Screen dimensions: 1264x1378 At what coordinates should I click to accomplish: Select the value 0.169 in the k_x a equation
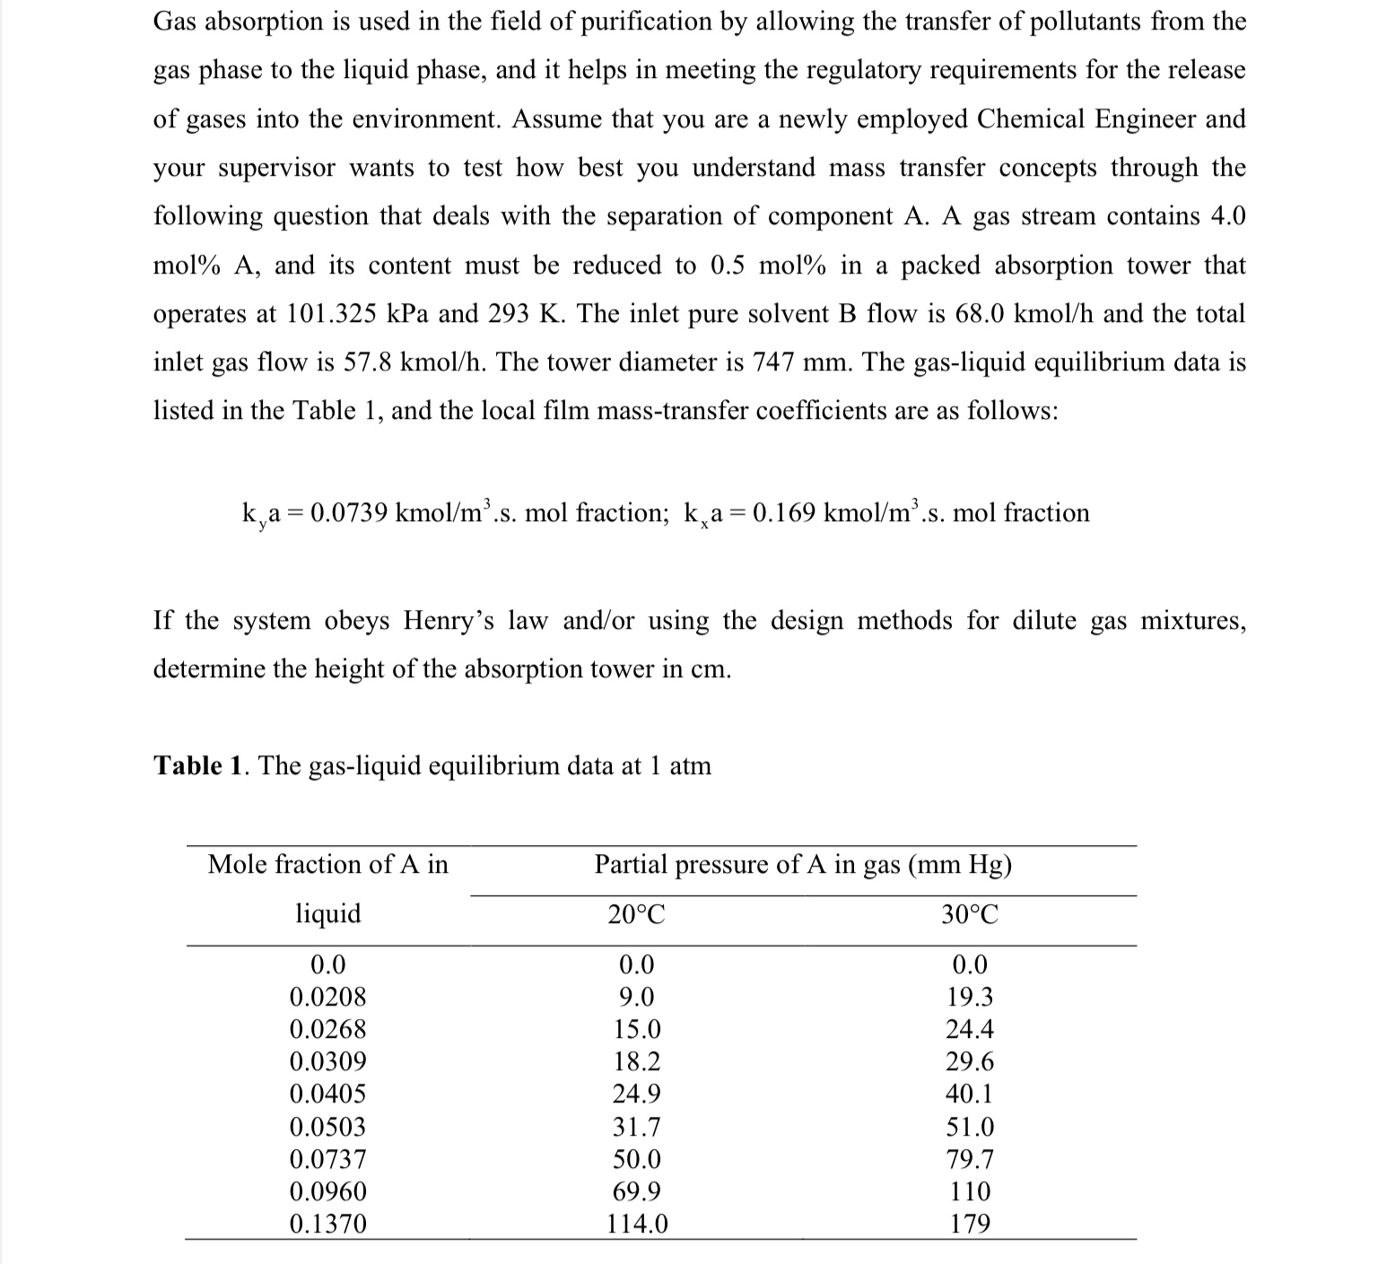tap(785, 513)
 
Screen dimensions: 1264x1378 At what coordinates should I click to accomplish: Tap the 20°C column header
tap(636, 914)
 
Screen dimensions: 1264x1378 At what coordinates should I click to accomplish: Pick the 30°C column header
tap(970, 914)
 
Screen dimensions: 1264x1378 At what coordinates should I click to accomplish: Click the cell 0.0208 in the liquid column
tap(327, 997)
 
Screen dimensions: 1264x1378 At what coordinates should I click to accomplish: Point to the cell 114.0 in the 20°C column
tap(637, 1224)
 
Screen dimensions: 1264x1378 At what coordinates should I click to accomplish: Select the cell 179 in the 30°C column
tap(970, 1224)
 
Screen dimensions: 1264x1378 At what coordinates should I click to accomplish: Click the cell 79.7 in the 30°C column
tap(970, 1159)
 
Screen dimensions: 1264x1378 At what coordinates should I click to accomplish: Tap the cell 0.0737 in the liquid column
tap(327, 1159)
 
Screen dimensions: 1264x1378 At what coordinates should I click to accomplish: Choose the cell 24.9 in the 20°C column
tap(637, 1094)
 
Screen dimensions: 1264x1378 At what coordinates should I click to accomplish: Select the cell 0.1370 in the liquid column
tap(327, 1224)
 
